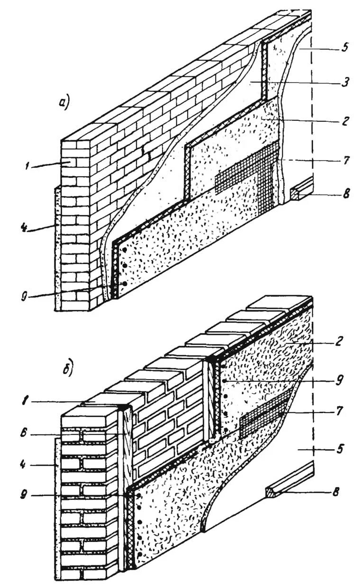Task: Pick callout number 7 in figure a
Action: click(347, 160)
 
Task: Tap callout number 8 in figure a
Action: click(347, 194)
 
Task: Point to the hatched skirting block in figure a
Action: click(297, 191)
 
